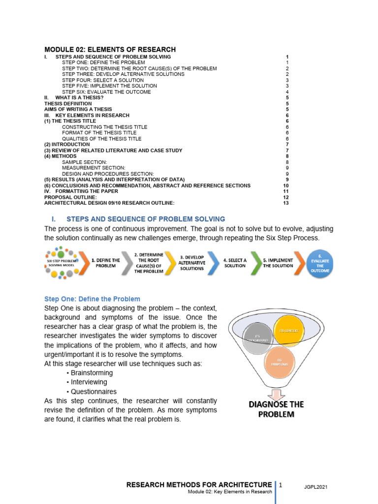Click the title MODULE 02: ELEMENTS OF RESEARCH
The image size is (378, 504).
click(110, 49)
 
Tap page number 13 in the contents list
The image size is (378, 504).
click(285, 203)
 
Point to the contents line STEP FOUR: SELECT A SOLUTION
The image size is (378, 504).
click(103, 80)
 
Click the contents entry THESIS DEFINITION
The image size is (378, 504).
click(68, 104)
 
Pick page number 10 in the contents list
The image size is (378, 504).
click(285, 186)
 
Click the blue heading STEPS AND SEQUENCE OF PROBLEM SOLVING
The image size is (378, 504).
click(145, 219)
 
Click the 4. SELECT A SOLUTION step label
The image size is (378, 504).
click(235, 262)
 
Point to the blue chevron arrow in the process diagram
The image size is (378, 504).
click(214, 262)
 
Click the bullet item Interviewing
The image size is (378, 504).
click(89, 382)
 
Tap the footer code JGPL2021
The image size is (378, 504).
click(315, 487)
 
